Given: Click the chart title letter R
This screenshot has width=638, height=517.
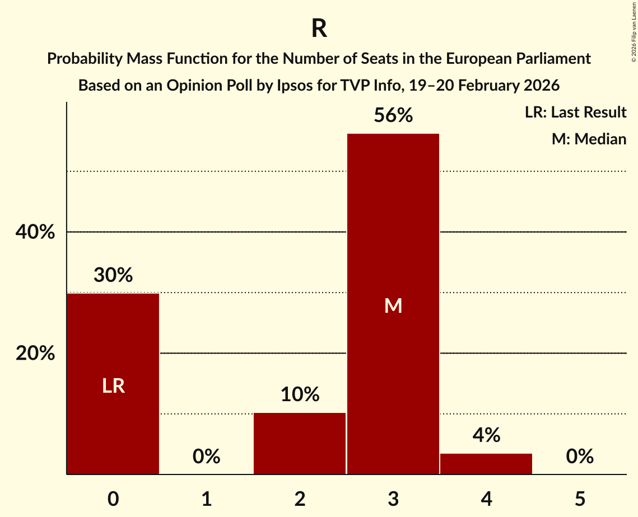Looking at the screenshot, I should point(319,29).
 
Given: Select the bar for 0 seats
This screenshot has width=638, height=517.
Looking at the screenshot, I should point(113,347).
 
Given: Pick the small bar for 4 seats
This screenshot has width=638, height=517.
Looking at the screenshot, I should point(486,464).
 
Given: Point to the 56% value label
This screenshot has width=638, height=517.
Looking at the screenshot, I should point(393,116).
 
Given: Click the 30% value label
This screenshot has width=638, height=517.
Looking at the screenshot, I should point(113,275).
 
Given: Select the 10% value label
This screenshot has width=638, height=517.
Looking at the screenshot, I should point(300,394).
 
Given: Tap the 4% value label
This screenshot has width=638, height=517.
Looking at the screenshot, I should point(486,435).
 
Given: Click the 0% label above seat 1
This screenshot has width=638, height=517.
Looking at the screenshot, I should point(206,457).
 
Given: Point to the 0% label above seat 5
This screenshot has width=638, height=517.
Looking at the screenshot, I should point(579,457).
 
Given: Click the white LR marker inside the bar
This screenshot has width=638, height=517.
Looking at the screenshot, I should point(113,386).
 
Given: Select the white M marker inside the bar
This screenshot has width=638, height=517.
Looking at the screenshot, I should point(393,305).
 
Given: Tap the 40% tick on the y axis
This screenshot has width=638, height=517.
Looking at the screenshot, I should point(35,232).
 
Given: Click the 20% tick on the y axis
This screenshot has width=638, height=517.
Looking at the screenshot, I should point(35,354).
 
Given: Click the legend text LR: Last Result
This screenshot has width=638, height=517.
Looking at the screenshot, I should point(575,112).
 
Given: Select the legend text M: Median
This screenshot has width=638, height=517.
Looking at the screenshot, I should point(589,139).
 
